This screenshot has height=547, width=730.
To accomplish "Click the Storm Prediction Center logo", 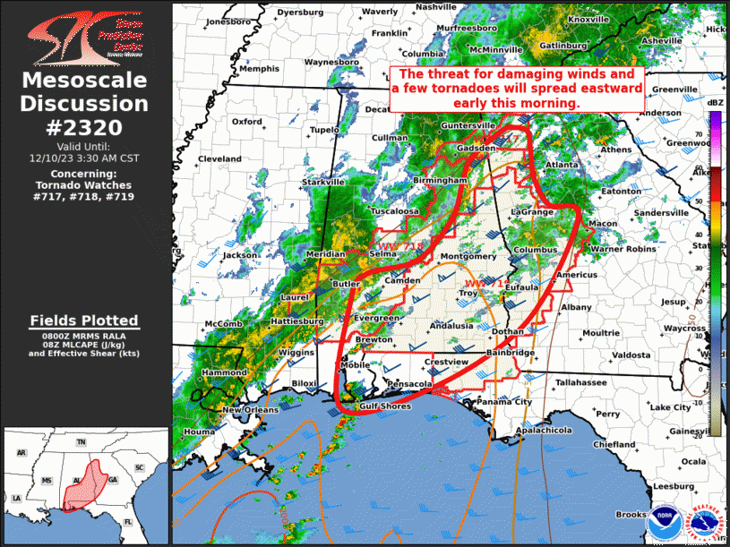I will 84,35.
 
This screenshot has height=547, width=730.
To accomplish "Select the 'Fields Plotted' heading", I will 83,321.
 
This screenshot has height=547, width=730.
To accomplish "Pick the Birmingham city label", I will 441,180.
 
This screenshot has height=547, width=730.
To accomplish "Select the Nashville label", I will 436,7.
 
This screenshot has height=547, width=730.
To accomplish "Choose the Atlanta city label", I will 562,166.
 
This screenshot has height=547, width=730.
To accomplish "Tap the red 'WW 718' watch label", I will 399,245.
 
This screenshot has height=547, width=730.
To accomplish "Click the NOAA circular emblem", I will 663,517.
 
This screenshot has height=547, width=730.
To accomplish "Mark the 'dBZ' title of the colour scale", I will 715,105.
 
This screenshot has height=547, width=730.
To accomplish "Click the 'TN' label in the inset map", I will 81,443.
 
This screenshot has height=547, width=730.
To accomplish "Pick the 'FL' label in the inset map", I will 127,520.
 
